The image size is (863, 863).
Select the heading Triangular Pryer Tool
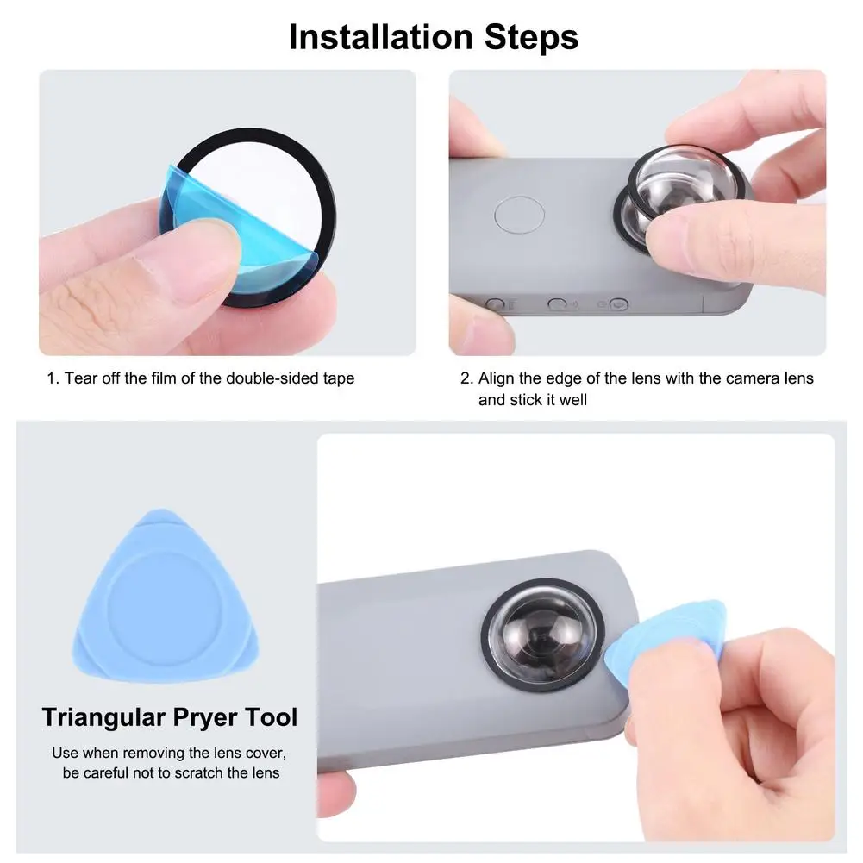170,717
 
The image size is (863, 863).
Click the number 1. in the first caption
53,378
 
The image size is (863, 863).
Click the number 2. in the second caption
466,378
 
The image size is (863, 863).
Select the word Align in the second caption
497,378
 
